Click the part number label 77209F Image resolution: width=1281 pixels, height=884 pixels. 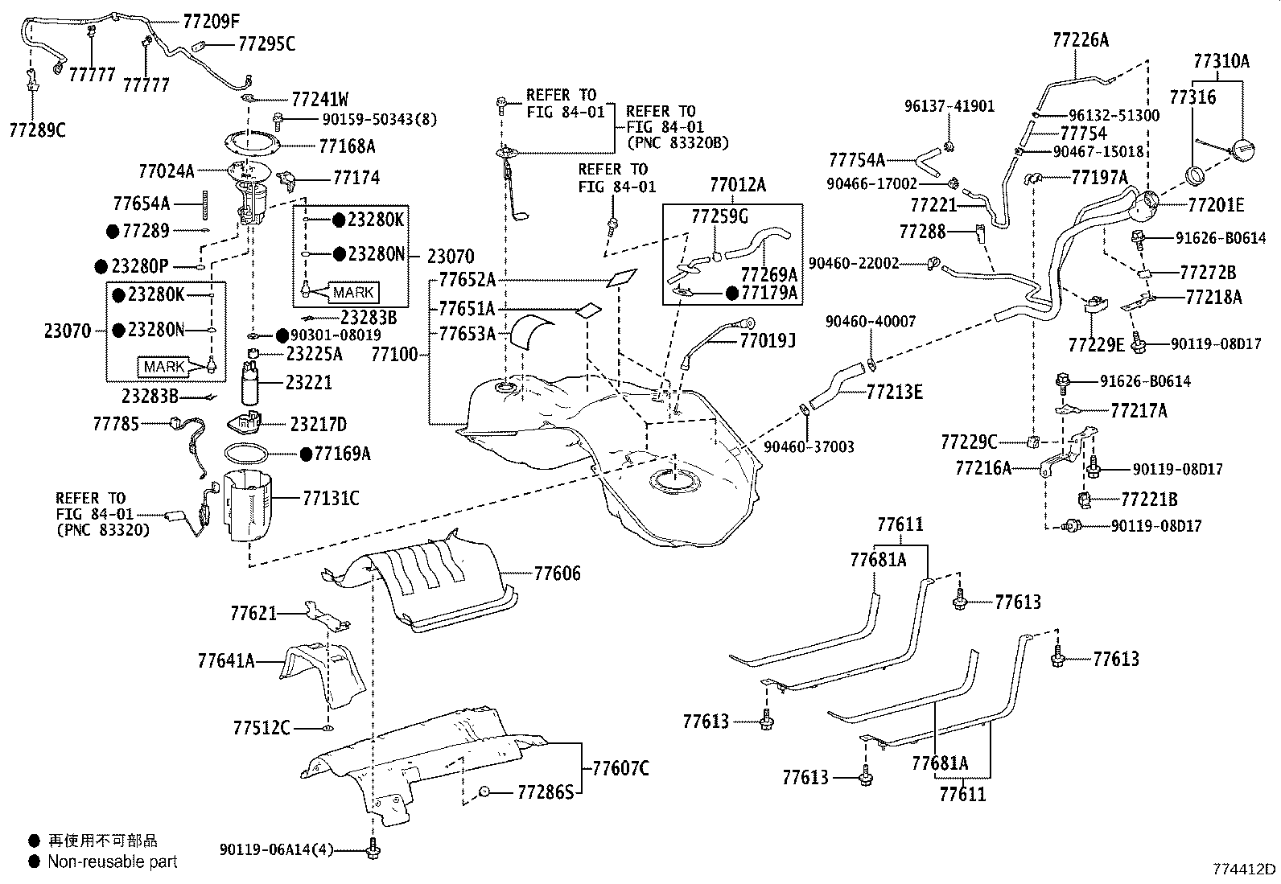[211, 22]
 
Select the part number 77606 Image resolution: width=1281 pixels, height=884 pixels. [557, 573]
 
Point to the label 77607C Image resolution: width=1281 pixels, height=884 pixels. [620, 768]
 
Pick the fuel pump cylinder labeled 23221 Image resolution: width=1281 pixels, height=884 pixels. [250, 383]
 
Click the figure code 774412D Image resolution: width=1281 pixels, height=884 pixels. [1245, 870]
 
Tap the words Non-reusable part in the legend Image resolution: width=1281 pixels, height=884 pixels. [113, 861]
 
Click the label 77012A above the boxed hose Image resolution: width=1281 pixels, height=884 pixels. [738, 185]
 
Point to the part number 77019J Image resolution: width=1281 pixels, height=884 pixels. [768, 341]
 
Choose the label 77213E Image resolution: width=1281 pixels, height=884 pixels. [895, 392]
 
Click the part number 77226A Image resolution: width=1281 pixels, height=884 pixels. [1081, 40]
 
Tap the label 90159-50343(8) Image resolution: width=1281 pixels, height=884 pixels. [380, 119]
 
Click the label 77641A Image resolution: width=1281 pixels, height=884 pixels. [226, 660]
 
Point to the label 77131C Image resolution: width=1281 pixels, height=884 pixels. [331, 499]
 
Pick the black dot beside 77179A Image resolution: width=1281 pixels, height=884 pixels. [732, 294]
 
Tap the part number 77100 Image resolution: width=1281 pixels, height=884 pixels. [394, 355]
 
